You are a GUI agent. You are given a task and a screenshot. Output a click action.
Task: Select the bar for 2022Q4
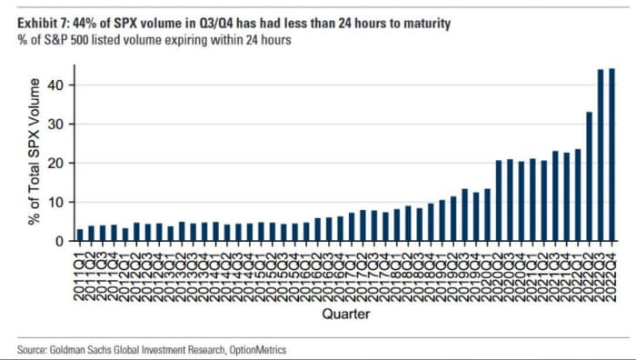(x=611, y=155)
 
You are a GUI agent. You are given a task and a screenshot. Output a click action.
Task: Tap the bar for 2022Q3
(x=601, y=155)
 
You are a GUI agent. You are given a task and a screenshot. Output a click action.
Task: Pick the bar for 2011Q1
(x=81, y=235)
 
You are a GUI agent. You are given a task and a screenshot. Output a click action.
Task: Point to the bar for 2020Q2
(x=499, y=201)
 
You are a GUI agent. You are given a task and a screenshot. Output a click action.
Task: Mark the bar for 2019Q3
(x=464, y=215)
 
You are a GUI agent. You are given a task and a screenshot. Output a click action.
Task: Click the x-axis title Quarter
(x=345, y=314)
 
